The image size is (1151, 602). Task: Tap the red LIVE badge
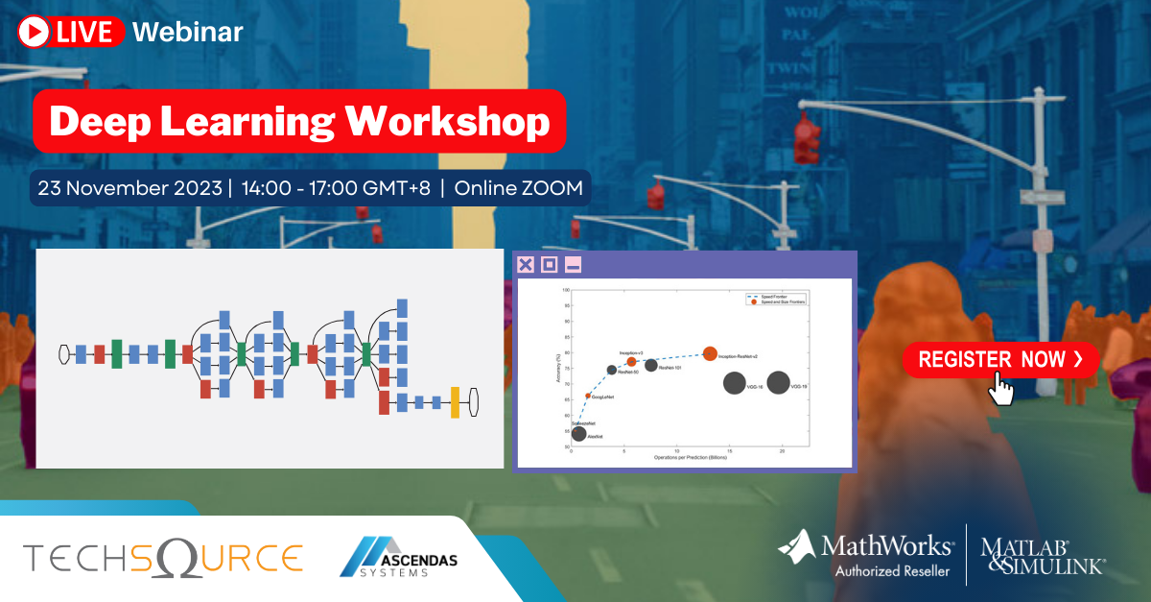click(72, 32)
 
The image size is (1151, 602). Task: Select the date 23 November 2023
click(129, 187)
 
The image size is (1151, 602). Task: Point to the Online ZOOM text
click(518, 187)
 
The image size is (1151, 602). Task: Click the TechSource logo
click(163, 558)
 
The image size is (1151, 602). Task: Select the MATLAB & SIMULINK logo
click(1043, 555)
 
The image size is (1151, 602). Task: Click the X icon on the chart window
click(526, 265)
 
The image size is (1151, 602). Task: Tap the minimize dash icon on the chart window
click(572, 265)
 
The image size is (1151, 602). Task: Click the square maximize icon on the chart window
click(549, 265)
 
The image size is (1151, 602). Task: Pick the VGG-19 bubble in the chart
click(779, 383)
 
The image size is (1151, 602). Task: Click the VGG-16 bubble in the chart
click(735, 383)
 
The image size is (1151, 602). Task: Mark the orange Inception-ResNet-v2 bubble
click(710, 353)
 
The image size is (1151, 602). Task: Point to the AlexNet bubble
click(578, 434)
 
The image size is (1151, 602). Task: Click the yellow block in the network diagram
click(455, 402)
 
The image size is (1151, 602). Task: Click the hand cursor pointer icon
click(1001, 389)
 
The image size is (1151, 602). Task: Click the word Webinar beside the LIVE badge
click(188, 32)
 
